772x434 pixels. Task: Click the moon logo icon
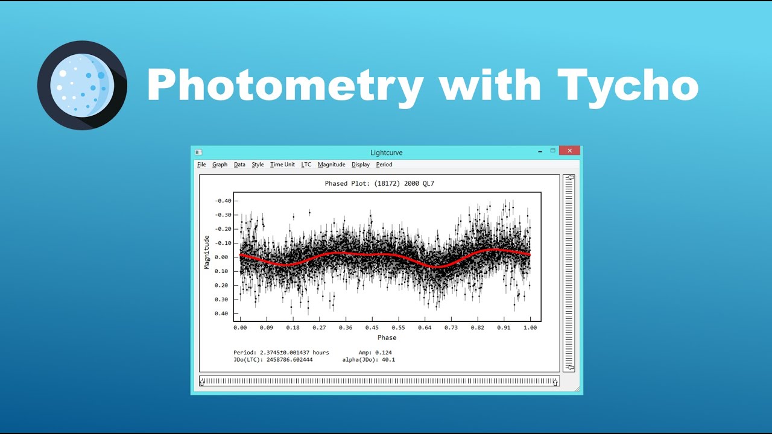pos(82,85)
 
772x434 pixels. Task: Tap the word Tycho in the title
pos(627,85)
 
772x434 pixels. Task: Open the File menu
pos(201,165)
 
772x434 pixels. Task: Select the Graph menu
pos(220,165)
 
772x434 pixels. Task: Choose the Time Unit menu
pos(282,165)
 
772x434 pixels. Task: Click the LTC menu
pos(306,165)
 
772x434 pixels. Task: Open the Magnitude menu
pos(331,165)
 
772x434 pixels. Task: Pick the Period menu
pos(384,165)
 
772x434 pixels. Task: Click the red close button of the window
pos(569,151)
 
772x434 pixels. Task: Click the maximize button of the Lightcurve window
pos(552,151)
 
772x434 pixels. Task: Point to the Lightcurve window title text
pos(387,153)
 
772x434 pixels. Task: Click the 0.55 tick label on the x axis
pos(398,328)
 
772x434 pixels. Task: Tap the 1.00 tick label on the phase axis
pos(530,328)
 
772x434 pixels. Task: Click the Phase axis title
pos(387,338)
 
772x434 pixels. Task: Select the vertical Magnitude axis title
pos(207,252)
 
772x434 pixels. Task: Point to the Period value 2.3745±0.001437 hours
pos(281,352)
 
